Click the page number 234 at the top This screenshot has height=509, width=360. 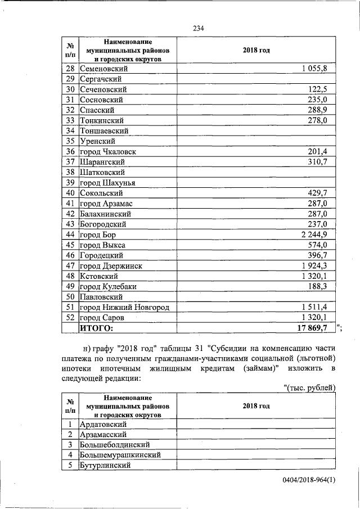198,28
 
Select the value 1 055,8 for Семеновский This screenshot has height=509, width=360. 318,69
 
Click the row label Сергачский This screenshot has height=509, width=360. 101,79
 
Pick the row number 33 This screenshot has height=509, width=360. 70,120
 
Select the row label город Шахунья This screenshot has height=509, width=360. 107,183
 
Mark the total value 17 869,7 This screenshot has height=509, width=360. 316,328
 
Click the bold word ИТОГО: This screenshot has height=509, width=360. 97,328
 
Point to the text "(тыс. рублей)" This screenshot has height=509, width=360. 310,388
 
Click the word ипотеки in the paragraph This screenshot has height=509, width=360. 76,368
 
